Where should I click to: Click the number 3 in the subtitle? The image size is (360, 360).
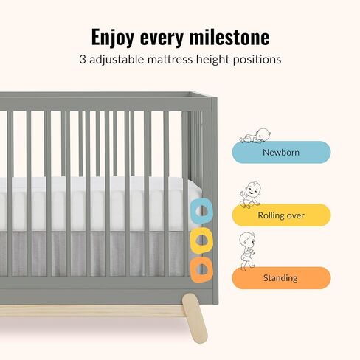coord(83,59)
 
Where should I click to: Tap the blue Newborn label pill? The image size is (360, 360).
coord(281,153)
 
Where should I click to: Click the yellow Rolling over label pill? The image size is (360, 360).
coord(281,215)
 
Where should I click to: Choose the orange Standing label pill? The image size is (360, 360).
coord(281,278)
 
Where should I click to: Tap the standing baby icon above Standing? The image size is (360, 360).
coord(248,252)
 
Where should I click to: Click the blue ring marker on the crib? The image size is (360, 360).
coord(200,212)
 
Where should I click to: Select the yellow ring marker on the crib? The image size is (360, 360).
coord(200,240)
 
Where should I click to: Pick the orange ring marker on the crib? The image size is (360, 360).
coord(200,269)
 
